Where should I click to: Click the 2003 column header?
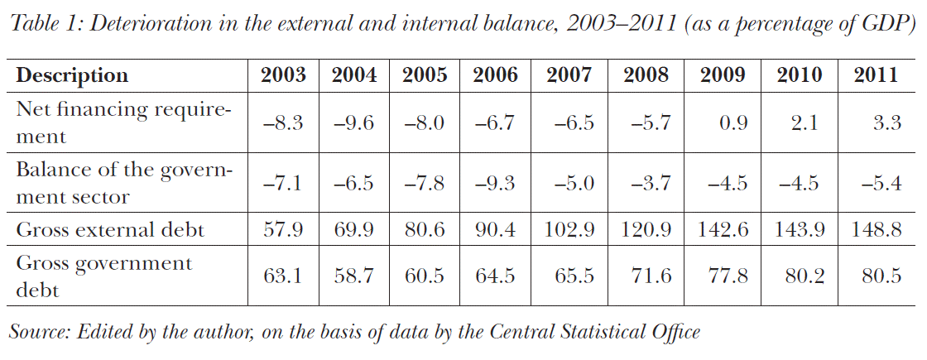click(283, 75)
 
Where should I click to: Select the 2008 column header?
click(646, 75)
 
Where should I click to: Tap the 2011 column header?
click(876, 75)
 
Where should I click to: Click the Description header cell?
click(73, 75)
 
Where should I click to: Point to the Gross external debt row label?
click(110, 229)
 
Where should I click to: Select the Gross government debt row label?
click(104, 276)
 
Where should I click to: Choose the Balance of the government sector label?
click(124, 183)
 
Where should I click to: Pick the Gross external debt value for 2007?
click(569, 229)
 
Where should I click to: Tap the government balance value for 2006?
click(495, 184)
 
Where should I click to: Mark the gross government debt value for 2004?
click(354, 276)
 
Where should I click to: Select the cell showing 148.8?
click(876, 229)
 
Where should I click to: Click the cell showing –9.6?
click(354, 122)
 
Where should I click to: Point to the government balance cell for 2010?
click(800, 184)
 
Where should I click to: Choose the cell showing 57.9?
click(283, 229)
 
